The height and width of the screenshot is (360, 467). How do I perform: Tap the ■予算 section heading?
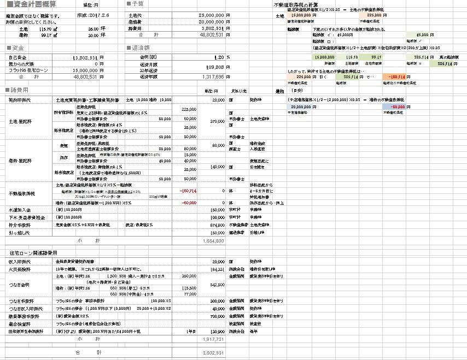[x=135, y=4]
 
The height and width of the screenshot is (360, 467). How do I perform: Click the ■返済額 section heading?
[x=137, y=48]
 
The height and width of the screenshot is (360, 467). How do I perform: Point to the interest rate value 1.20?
[x=218, y=57]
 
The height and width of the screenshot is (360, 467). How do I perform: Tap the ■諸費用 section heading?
[x=16, y=90]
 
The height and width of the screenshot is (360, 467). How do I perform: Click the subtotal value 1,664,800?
[x=213, y=240]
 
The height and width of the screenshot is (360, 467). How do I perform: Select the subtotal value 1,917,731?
[x=213, y=339]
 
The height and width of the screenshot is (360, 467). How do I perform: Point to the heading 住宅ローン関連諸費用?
[x=33, y=253]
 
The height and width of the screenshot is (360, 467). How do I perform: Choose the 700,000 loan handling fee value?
[x=216, y=316]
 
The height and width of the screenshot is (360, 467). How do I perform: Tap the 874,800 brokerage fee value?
[x=216, y=224]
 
